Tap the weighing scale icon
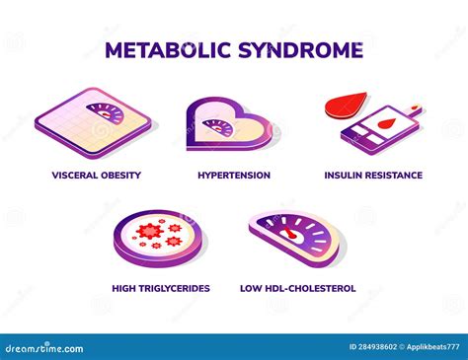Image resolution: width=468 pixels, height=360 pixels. pos(96,123)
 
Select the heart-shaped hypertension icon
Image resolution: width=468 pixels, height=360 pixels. pos(227,126)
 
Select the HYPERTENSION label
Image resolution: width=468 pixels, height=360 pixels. pos(234,176)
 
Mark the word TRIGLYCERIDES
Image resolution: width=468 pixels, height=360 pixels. pos(177,289)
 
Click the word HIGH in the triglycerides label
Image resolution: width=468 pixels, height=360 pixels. pos(126,289)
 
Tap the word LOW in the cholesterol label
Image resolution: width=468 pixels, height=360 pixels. pos(251,289)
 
